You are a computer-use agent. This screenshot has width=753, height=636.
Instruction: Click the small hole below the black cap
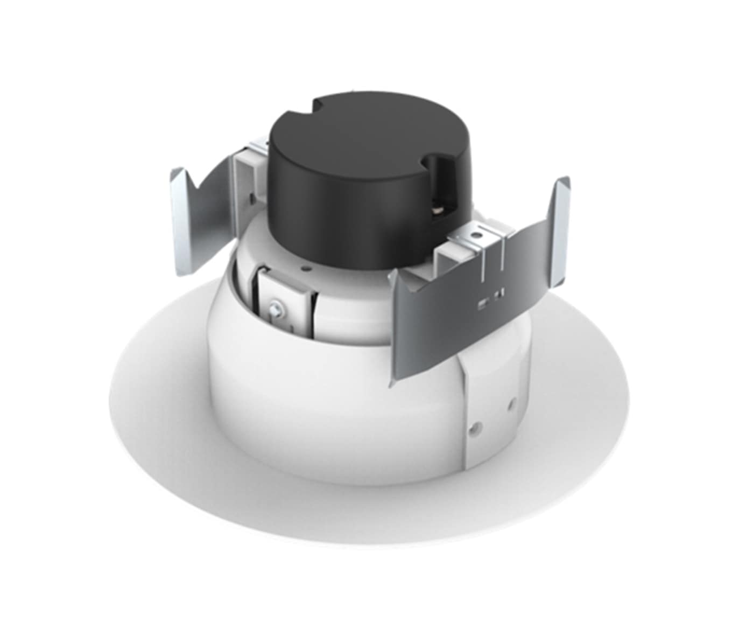(306, 265)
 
